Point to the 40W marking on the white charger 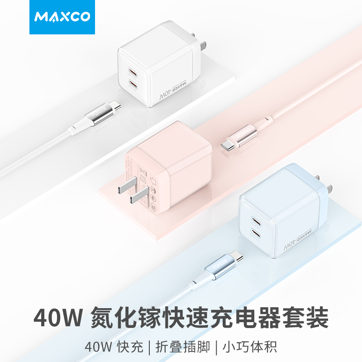click(165, 95)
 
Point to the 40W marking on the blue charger click(287, 244)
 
